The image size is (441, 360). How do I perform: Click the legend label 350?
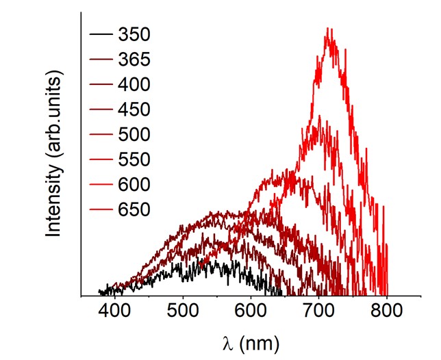[134, 34]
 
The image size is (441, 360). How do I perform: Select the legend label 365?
[134, 59]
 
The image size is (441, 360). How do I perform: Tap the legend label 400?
[134, 84]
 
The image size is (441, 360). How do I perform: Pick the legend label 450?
[134, 109]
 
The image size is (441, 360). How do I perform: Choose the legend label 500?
[134, 134]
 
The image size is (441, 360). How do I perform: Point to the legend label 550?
[134, 159]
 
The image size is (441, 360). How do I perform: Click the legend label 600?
[134, 184]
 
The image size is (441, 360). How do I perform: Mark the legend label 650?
[134, 209]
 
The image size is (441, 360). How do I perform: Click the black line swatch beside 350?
[100, 34]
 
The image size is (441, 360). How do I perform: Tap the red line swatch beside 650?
[100, 209]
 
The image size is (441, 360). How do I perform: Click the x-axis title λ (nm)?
[251, 340]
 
